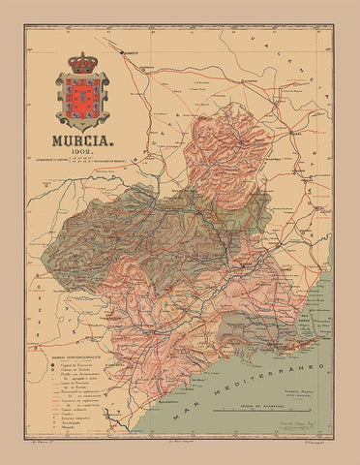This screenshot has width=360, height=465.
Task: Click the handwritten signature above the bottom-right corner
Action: pos(290,423)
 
